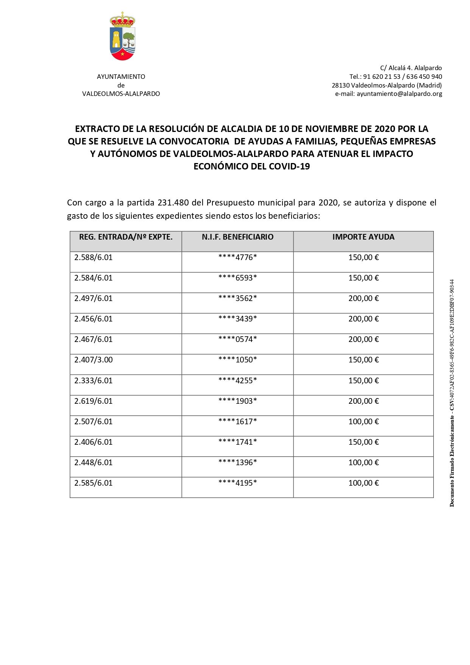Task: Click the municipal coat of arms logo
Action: click(122, 36)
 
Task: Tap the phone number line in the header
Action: click(395, 77)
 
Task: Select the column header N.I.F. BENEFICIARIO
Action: click(237, 237)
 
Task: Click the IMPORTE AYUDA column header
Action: click(363, 237)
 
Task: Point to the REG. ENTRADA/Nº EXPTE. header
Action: click(126, 237)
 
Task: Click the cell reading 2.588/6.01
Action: click(94, 257)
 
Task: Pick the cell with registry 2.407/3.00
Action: click(94, 360)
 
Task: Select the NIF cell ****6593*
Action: click(237, 278)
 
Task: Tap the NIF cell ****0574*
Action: click(237, 339)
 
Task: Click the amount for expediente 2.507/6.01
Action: click(363, 422)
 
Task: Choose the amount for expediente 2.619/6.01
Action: click(363, 401)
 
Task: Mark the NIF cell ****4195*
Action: click(237, 483)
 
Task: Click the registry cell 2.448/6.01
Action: click(94, 463)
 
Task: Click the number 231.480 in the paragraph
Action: click(173, 203)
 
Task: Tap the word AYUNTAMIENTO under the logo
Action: click(121, 77)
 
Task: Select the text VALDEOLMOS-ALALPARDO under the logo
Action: click(121, 94)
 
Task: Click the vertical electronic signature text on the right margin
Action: click(452, 393)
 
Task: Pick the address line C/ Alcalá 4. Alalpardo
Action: click(411, 68)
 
